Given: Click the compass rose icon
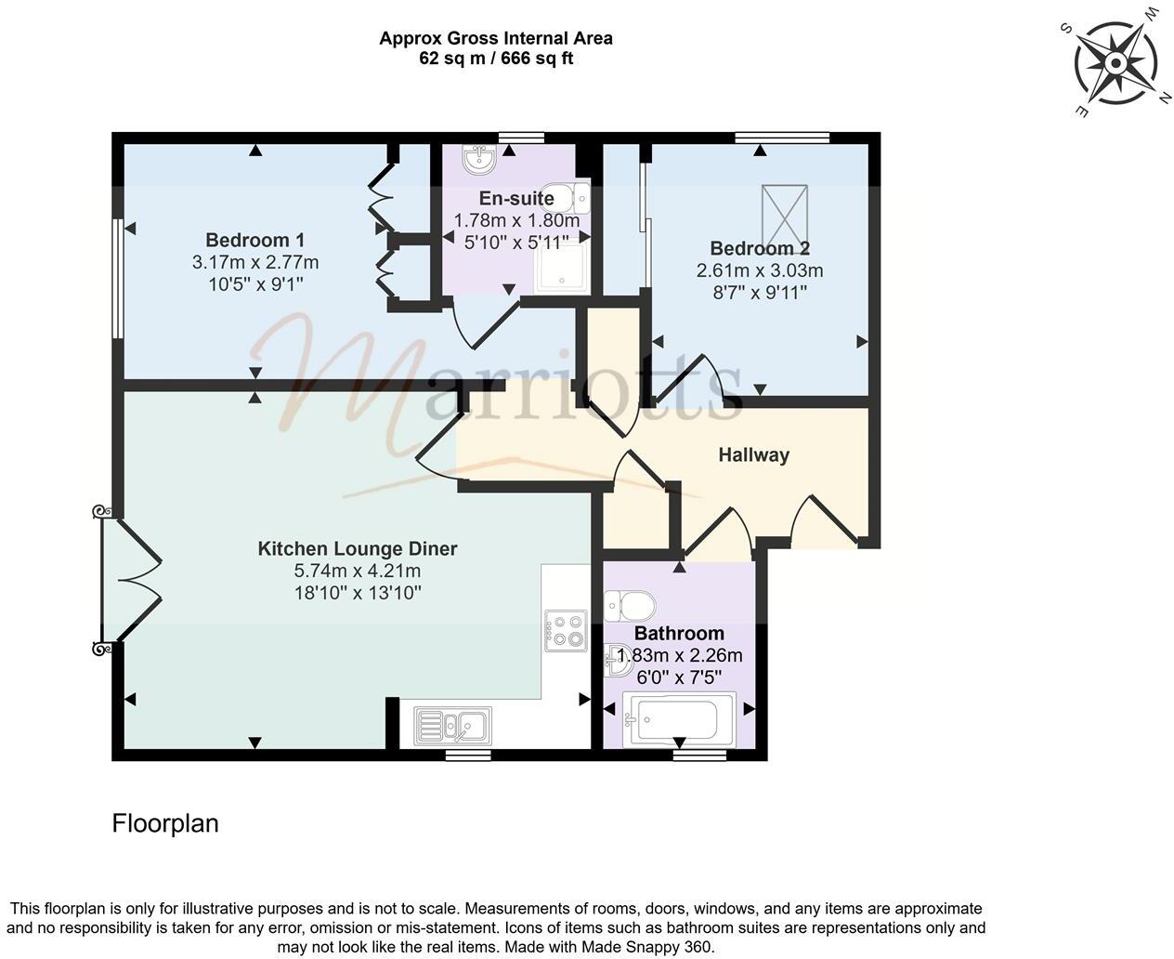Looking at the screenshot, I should pos(1114,63).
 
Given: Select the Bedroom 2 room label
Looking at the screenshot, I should pos(759,248).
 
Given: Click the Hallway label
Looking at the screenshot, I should pos(753,454).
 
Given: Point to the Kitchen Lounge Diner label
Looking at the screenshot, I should pos(358,548).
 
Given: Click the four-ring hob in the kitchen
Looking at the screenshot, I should pos(566,629).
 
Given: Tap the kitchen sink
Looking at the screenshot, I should pos(454,724).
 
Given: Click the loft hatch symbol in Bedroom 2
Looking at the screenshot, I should pos(785,213).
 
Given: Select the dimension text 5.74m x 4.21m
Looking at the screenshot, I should pos(358,571).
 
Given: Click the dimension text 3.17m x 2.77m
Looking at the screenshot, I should pos(254,262).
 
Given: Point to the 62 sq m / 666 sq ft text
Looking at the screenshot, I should pos(495,59).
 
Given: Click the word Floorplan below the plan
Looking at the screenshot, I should pos(165,823).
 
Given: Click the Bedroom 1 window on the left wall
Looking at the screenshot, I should pos(118,279).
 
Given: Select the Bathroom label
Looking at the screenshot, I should pos(678,634).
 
